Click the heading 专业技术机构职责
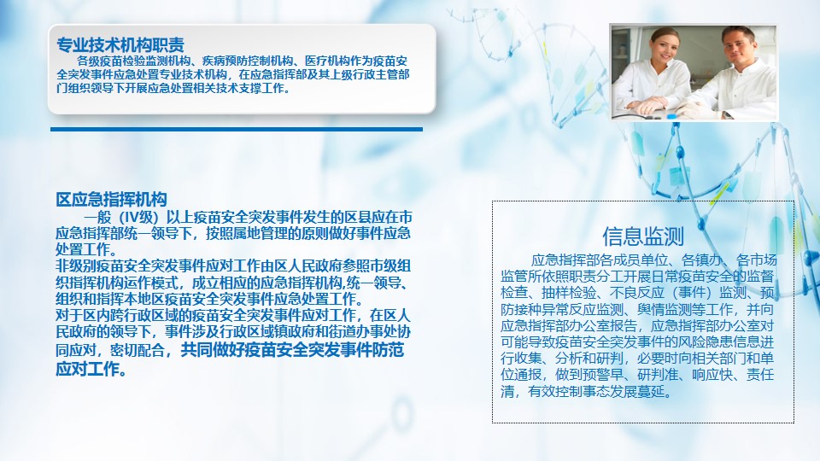point(120,44)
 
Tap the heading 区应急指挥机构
point(111,199)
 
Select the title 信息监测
point(642,236)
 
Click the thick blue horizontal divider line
point(237,129)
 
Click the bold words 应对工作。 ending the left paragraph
point(91,369)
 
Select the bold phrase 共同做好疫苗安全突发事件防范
point(292,350)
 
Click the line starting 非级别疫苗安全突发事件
point(233,266)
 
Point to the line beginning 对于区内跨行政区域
point(233,316)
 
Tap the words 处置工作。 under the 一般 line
point(86,248)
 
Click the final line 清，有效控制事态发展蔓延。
point(587,391)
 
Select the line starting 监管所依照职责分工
point(637,276)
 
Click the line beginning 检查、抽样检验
point(637,292)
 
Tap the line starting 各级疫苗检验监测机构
point(242,61)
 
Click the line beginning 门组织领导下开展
point(173,88)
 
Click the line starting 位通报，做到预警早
point(637,375)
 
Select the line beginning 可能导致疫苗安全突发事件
point(637,341)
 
